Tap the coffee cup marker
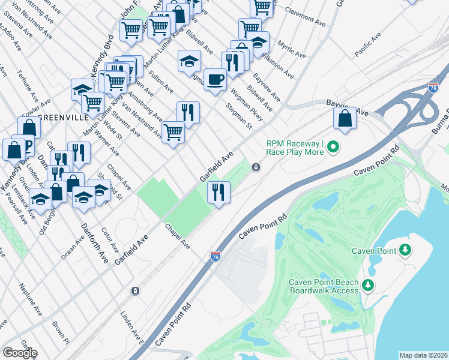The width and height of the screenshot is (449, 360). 215,79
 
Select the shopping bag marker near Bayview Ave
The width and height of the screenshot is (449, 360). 345,118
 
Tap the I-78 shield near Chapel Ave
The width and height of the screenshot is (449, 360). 215,256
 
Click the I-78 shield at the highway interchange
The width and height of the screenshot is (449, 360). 433,88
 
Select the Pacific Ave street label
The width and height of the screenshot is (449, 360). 367,46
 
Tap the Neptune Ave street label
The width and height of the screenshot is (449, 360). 30,300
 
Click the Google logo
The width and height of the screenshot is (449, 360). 20,353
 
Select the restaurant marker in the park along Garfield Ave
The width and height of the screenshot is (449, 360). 218,193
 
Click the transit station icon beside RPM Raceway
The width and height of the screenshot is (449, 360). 256,167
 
